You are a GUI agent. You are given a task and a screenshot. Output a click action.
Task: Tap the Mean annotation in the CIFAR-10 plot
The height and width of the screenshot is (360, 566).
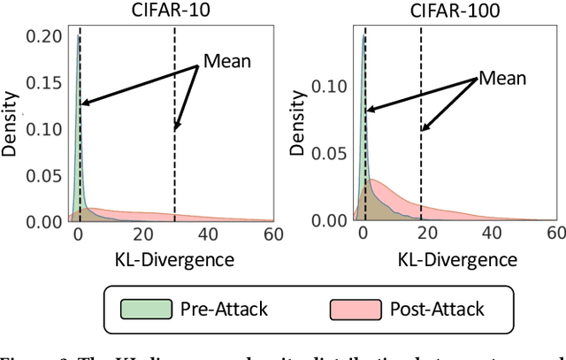pyautogui.click(x=226, y=61)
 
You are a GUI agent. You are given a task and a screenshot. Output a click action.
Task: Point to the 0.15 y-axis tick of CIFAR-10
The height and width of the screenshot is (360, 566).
pyautogui.click(x=47, y=82)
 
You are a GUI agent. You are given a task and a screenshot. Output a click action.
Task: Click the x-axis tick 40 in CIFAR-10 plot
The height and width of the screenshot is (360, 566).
pyautogui.click(x=207, y=234)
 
